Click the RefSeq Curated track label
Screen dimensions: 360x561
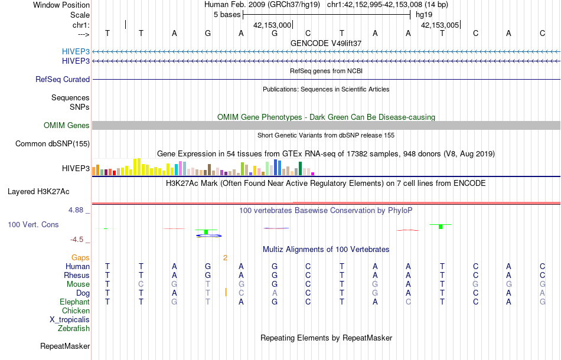[x=63, y=79]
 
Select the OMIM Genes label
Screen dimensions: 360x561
[x=66, y=125]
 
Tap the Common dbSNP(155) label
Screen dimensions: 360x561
[x=53, y=143]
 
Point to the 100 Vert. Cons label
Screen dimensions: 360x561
[x=33, y=225]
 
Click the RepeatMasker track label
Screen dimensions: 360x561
[x=64, y=346]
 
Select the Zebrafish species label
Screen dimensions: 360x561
[x=73, y=328]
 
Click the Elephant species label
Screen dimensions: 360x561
[x=74, y=302]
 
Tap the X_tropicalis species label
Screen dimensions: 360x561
[x=70, y=319]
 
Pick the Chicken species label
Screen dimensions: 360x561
[x=76, y=310]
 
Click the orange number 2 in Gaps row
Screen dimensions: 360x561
[x=225, y=257]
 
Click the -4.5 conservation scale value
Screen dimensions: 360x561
[x=77, y=239]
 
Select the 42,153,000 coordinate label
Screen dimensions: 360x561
[x=272, y=25]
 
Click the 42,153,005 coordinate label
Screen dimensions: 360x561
[x=439, y=25]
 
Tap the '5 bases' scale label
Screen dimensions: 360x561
[x=226, y=14]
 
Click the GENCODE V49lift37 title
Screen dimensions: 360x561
[x=326, y=43]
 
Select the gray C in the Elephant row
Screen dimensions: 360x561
[x=408, y=302]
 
